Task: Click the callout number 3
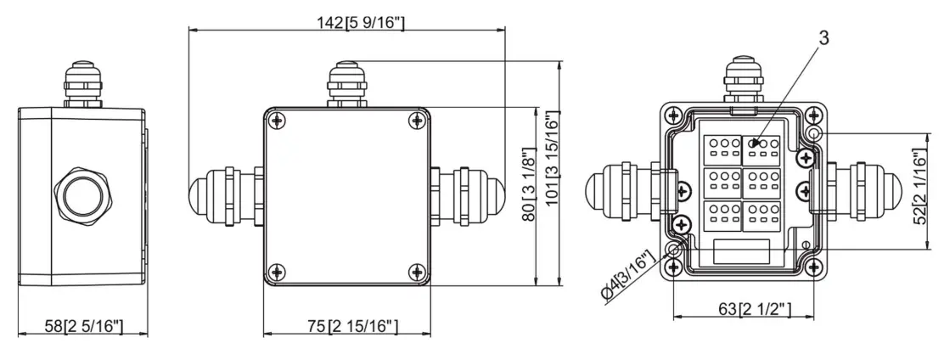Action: pos(823,37)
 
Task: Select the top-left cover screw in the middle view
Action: pos(278,121)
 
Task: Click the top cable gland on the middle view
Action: pos(346,83)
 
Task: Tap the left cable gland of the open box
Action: pos(623,188)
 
